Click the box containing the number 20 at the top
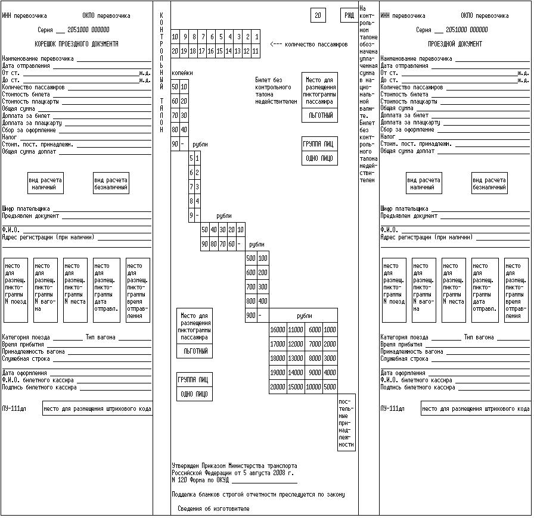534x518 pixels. click(318, 15)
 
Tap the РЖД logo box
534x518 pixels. click(349, 15)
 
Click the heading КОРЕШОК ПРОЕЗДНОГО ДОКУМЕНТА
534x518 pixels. click(76, 44)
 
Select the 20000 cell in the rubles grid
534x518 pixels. click(278, 387)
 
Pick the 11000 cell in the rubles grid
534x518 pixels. click(296, 330)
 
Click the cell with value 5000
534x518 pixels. click(330, 387)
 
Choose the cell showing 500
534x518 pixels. click(251, 258)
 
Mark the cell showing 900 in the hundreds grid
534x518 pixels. click(251, 316)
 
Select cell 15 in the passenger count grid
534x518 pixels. click(220, 52)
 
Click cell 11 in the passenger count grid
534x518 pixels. click(256, 52)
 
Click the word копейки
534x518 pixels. click(182, 73)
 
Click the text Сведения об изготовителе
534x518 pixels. click(214, 508)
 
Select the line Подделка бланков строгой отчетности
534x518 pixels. click(257, 494)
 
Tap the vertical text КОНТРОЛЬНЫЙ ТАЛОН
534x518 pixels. click(161, 71)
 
